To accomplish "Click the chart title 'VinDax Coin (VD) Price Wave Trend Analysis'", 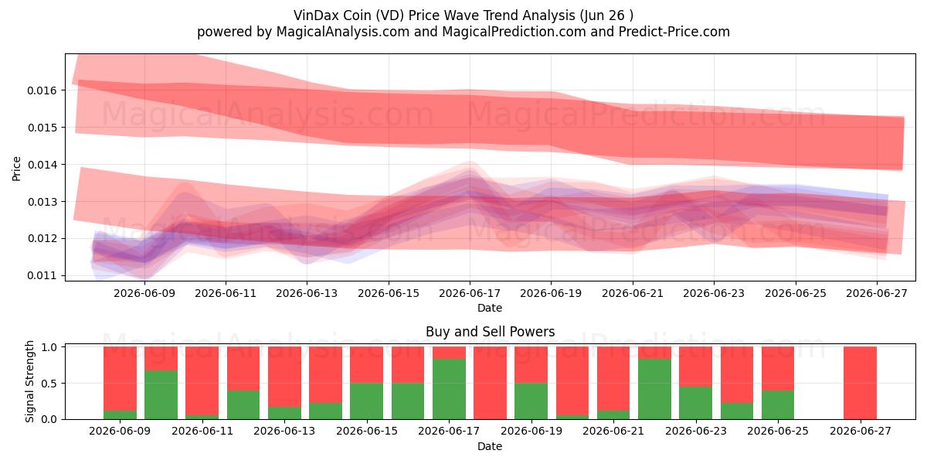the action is [x=434, y=15].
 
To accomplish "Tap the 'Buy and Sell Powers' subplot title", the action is [x=490, y=332].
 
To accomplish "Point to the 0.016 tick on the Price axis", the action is [x=42, y=90].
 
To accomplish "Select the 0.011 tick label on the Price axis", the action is [x=42, y=275].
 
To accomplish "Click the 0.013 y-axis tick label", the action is [x=42, y=202].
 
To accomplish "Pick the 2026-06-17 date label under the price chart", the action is [x=470, y=293].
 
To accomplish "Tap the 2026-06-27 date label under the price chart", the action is [x=877, y=293].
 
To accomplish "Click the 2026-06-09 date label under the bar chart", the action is [x=120, y=431].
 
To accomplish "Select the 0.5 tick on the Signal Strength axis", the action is [x=50, y=384].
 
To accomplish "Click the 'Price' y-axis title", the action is [x=16, y=169].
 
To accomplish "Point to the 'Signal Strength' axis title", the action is [x=29, y=381].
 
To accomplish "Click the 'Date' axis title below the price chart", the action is [x=490, y=308].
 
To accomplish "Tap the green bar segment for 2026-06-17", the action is [x=449, y=389].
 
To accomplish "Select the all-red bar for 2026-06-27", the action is [x=860, y=383].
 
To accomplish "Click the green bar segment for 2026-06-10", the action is [x=161, y=395].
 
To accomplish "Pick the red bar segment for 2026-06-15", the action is [x=367, y=365].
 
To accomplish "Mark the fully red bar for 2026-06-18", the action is [x=490, y=383].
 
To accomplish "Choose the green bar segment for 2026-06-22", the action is [x=655, y=389].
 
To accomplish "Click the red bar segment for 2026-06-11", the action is [x=202, y=381].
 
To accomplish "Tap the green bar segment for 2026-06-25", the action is [x=778, y=404].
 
